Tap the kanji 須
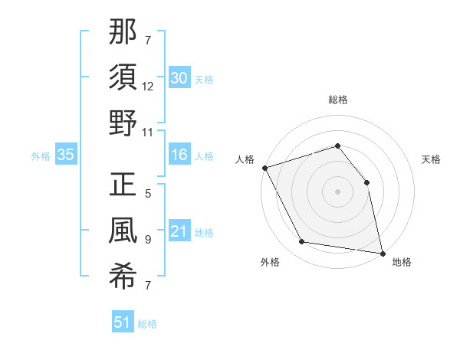pos(123,79)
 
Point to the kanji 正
pos(123,185)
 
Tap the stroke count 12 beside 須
pos(149,87)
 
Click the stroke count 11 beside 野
pos(149,132)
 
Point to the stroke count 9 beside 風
pos(148,239)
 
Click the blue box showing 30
pos(179,77)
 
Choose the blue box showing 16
pos(179,155)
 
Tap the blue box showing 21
pos(179,231)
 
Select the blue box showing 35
pos(66,155)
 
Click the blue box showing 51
pos(123,322)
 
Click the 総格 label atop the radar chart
pos(338,100)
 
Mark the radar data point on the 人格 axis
pos(264,168)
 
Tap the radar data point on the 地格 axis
pos(382,252)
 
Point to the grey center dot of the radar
pos(338,191)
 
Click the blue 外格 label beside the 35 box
pos(41,155)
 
